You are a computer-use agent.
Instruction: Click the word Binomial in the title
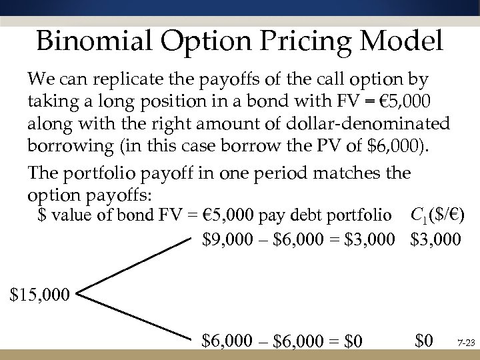tap(89, 41)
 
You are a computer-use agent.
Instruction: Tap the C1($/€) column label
tap(437, 215)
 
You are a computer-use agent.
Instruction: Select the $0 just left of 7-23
tap(423, 342)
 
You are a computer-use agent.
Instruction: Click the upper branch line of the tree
tap(133, 264)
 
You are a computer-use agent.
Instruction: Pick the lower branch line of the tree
tap(133, 314)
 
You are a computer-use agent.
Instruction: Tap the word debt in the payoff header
tap(317, 216)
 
